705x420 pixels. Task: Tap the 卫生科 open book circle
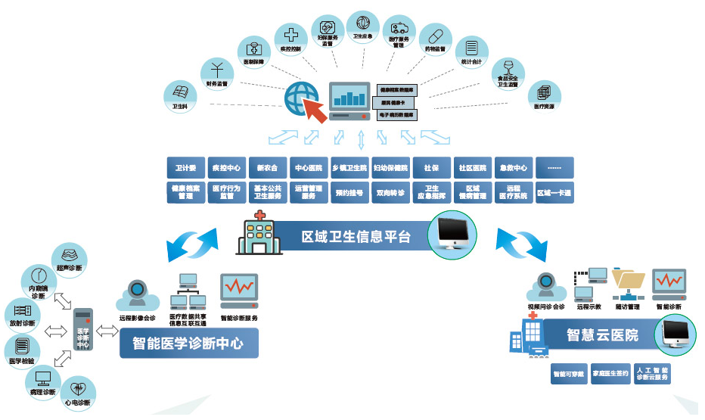(x=180, y=95)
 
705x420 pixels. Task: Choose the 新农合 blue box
(x=268, y=167)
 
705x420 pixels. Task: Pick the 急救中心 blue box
(x=514, y=167)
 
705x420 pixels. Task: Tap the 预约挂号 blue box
(x=349, y=193)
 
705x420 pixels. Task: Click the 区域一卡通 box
(x=554, y=193)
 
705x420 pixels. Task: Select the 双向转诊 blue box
(x=390, y=193)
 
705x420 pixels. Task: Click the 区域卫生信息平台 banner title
(x=356, y=236)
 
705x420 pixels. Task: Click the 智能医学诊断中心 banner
(x=188, y=343)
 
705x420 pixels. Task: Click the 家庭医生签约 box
(x=610, y=374)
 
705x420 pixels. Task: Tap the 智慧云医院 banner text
(x=602, y=334)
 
